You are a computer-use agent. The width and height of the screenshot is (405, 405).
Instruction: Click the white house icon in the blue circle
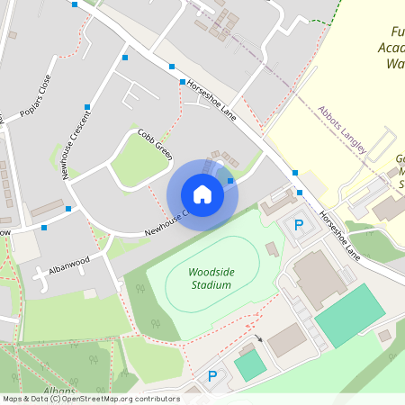coord(202,194)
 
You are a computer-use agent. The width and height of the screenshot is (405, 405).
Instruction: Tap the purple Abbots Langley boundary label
coord(343,130)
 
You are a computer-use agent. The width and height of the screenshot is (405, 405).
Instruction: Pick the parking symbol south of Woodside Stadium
coord(213,376)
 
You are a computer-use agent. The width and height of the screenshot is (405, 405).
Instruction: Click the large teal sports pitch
coord(350,315)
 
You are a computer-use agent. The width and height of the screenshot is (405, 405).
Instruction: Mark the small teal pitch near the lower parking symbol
coord(250,364)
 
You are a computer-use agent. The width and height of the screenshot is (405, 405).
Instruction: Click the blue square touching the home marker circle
coord(230,182)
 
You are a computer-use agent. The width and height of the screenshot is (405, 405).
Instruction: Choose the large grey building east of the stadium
coord(319,278)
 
